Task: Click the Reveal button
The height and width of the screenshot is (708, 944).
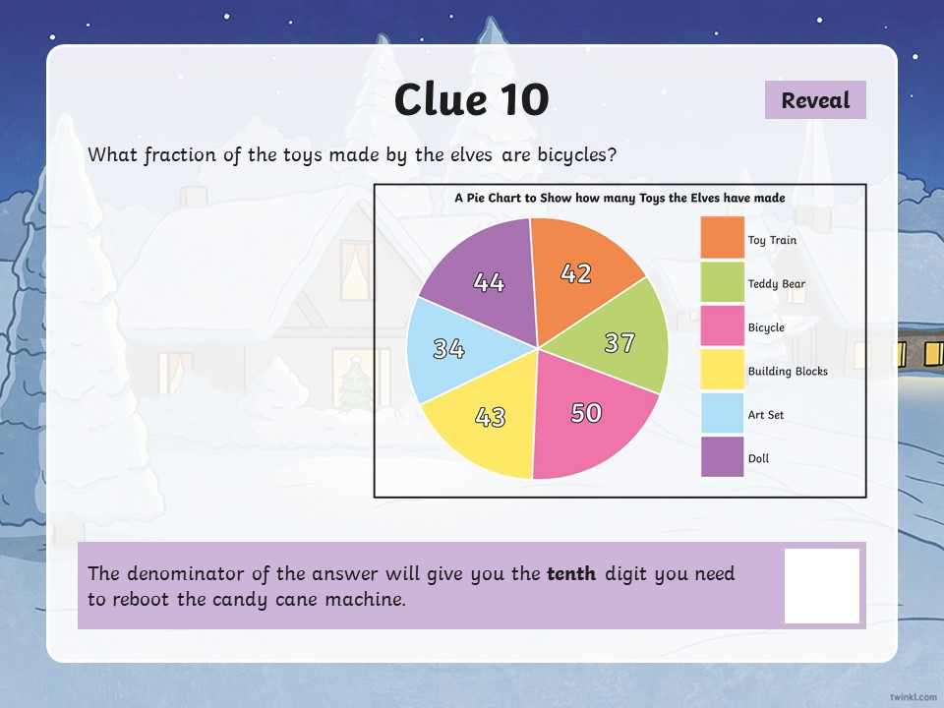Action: [815, 100]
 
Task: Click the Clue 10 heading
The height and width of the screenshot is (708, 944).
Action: [471, 99]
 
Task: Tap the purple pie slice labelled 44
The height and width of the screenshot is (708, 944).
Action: [488, 280]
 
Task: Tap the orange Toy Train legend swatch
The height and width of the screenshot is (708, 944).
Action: [723, 238]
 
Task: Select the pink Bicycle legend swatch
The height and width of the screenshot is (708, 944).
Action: [723, 325]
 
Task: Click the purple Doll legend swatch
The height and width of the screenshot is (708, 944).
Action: [723, 456]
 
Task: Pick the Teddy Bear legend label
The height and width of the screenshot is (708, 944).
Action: [776, 284]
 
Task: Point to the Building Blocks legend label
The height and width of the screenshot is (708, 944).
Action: [788, 371]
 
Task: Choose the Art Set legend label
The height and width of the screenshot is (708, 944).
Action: [766, 415]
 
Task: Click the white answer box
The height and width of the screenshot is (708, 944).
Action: [822, 586]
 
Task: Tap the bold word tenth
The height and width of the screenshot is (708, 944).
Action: [571, 573]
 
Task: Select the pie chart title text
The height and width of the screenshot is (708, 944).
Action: [619, 198]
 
